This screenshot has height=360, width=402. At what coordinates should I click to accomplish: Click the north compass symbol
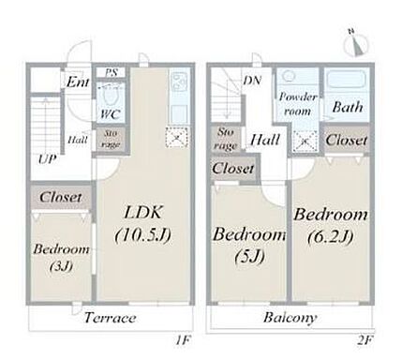coord(356,44)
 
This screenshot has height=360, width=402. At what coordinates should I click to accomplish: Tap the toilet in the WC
coord(111,97)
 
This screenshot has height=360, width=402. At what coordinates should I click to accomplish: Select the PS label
coord(111,73)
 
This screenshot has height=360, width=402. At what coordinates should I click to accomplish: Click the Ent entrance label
coord(78,82)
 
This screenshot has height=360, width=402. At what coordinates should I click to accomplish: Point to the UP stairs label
coord(48,159)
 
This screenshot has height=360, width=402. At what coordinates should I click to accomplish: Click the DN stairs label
coord(252,81)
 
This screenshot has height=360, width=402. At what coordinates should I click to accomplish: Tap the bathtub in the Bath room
coord(346,81)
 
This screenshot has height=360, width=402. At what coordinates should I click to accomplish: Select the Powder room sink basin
coord(290,76)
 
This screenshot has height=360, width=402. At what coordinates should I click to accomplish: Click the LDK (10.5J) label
coord(143,224)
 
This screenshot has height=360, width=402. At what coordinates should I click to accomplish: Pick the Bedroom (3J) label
coord(62,258)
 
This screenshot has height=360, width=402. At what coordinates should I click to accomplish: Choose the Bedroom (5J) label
coord(249,245)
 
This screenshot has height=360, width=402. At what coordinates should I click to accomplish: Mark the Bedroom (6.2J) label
coord(331,225)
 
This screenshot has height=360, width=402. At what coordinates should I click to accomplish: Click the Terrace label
coord(111,318)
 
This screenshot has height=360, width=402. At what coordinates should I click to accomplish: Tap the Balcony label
coord(290,318)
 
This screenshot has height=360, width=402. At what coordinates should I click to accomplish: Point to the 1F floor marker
coord(183,340)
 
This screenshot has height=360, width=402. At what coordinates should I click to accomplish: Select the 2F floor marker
coord(365,340)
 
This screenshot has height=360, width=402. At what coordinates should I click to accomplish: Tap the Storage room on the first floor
coord(111,140)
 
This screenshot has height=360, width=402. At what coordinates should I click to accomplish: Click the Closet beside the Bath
coord(346,140)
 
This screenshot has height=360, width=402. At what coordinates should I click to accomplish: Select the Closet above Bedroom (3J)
coord(61,197)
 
